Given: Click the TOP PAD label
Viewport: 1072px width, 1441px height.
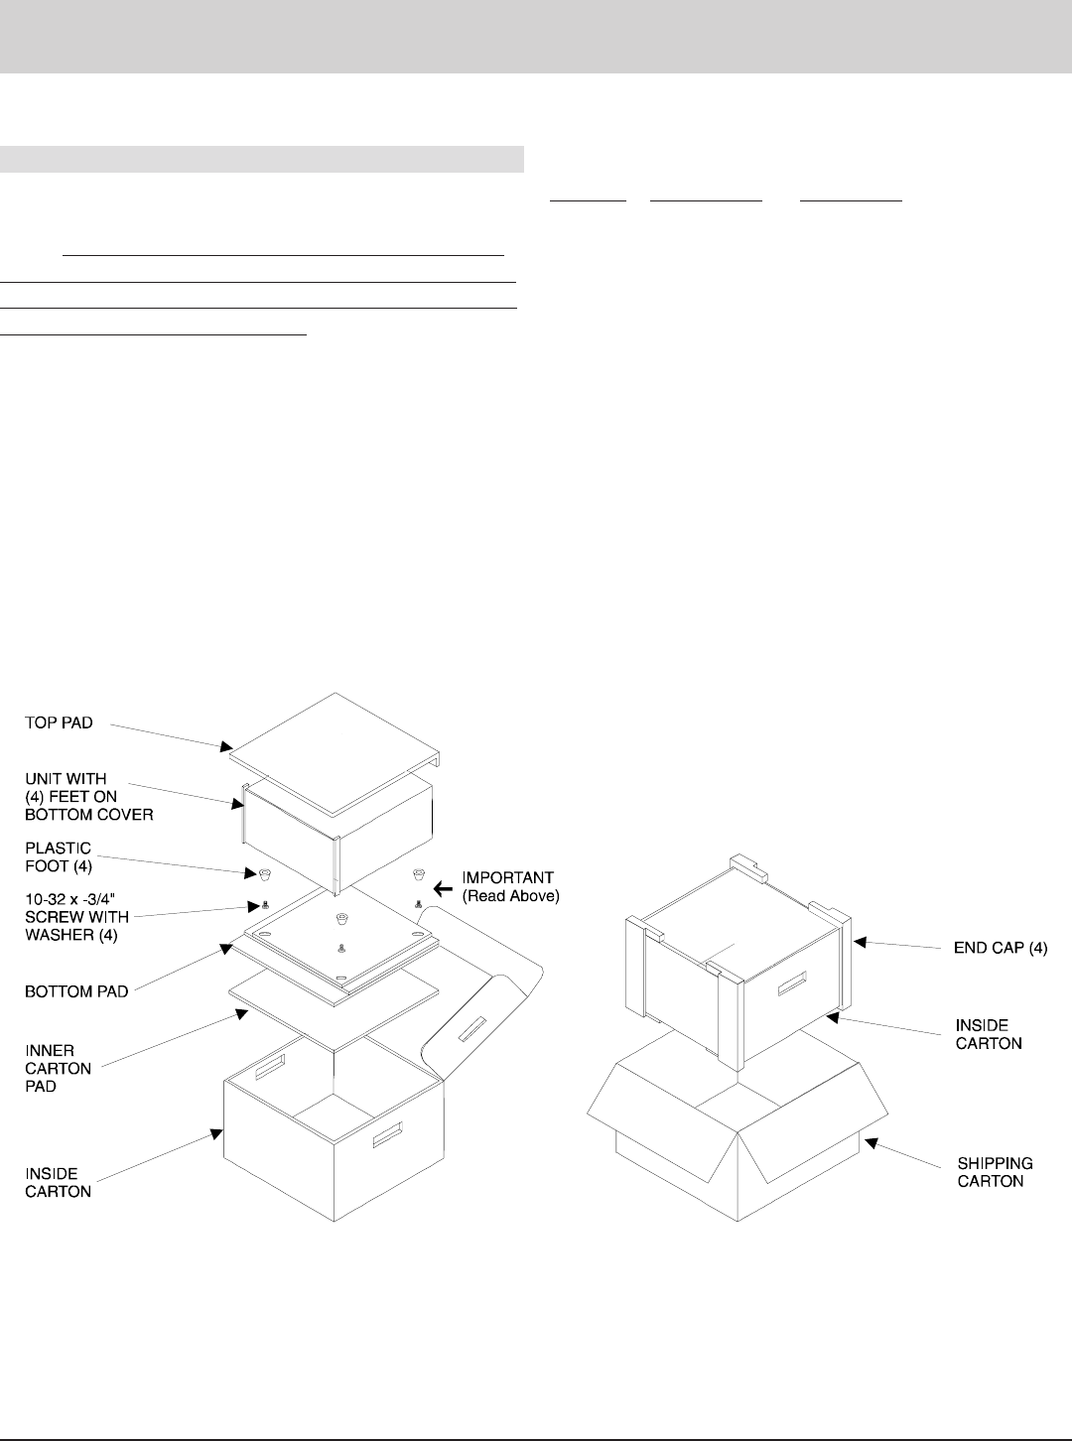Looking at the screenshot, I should tap(60, 723).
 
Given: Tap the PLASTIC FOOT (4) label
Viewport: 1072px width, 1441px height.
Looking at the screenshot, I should tap(58, 857).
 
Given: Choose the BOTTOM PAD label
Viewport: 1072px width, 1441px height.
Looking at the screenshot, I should tap(76, 990).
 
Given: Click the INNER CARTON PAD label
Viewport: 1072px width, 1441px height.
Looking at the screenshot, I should tap(58, 1068).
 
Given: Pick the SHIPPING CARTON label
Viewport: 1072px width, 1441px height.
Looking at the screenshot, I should tap(995, 1171).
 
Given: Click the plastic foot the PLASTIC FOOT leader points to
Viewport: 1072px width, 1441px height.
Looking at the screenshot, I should tap(265, 874).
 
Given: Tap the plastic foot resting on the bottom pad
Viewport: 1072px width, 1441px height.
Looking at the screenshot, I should tap(342, 916).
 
